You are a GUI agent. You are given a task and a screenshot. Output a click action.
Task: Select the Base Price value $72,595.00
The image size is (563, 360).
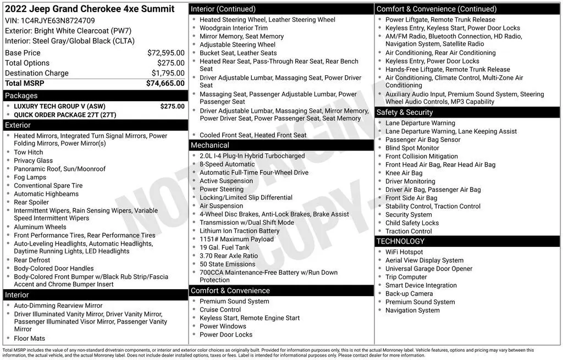click(165, 53)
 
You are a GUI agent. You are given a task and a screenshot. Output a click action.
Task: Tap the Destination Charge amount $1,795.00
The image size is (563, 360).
click(168, 73)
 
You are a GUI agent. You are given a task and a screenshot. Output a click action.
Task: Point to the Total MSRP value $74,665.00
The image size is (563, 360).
click(165, 84)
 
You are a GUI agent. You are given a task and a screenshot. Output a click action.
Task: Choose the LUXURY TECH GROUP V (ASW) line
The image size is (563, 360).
click(59, 107)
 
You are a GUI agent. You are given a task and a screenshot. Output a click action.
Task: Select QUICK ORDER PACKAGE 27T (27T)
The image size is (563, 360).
click(65, 115)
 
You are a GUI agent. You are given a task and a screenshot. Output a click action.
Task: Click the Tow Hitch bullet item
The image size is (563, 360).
click(29, 152)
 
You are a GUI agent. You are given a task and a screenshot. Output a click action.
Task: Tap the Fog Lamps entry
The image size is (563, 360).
click(30, 178)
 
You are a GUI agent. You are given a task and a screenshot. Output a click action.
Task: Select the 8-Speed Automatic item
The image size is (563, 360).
click(227, 164)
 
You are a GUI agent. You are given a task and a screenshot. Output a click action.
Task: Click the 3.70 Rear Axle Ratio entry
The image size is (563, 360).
click(229, 256)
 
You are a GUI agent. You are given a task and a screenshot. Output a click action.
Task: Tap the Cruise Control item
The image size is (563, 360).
click(220, 309)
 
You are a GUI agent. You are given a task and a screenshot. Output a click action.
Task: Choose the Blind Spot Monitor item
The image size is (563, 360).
click(412, 148)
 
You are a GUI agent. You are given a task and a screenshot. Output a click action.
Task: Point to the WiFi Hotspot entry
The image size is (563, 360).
click(404, 252)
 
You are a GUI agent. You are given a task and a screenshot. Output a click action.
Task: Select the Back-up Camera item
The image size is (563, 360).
click(409, 293)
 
